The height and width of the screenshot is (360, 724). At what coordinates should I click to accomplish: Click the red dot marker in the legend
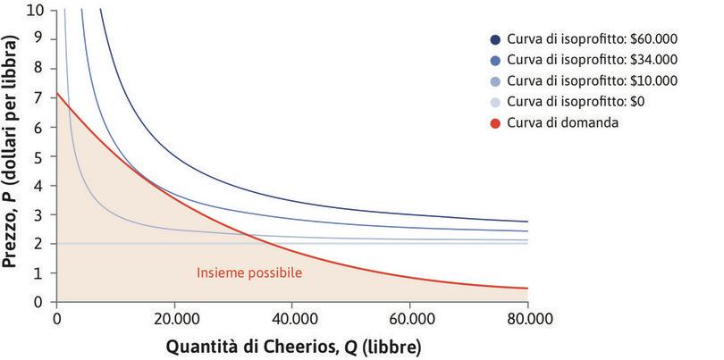pyautogui.click(x=495, y=121)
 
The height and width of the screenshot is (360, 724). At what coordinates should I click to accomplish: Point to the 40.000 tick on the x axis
pyautogui.click(x=291, y=317)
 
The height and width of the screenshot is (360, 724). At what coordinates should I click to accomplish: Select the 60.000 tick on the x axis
pyautogui.click(x=409, y=317)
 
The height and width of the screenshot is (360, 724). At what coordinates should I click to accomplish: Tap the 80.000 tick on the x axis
pyautogui.click(x=527, y=317)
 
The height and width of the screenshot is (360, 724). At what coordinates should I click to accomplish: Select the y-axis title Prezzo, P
pyautogui.click(x=13, y=152)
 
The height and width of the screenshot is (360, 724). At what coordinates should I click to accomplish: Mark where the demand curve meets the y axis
pyautogui.click(x=56, y=92)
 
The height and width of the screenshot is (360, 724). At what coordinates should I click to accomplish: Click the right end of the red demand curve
pyautogui.click(x=527, y=288)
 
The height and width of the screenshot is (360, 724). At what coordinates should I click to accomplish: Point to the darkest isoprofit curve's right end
pyautogui.click(x=527, y=222)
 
